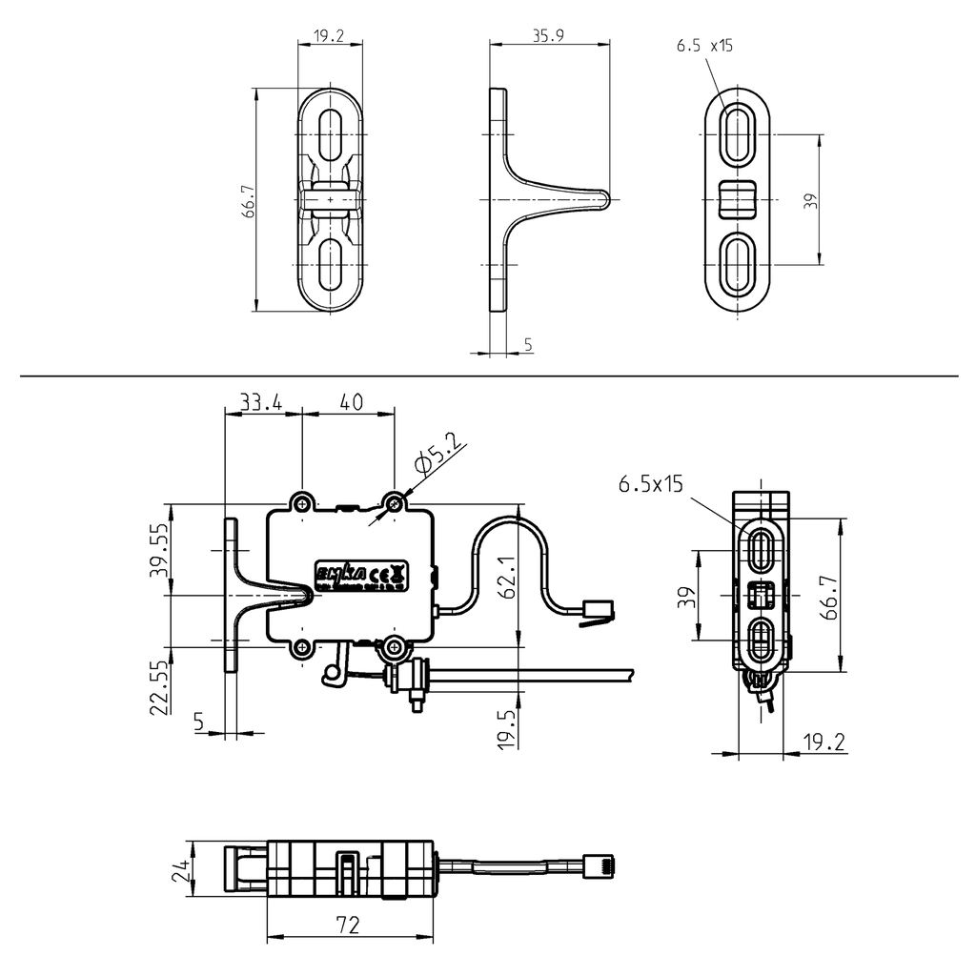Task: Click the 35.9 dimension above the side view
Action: click(x=549, y=36)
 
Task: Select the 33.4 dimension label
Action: click(x=260, y=403)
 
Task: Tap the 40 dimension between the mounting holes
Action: click(x=350, y=403)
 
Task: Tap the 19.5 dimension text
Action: click(x=506, y=727)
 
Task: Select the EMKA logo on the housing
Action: click(x=340, y=574)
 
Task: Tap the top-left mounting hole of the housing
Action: click(x=302, y=502)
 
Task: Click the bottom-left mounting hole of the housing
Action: click(x=302, y=648)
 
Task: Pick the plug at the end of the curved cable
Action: click(x=597, y=609)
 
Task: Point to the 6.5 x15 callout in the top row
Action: click(x=704, y=46)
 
